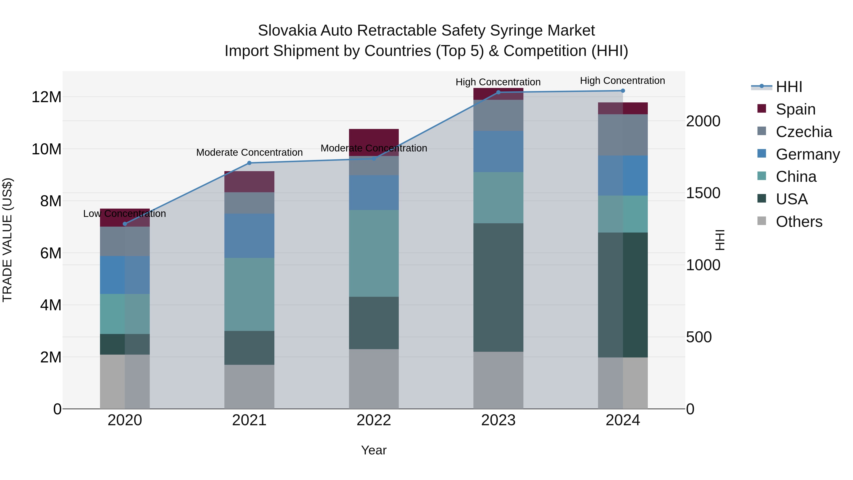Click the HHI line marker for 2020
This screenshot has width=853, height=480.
[x=125, y=224]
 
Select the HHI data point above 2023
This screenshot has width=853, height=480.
[x=498, y=92]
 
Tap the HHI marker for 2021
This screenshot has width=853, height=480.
[x=249, y=163]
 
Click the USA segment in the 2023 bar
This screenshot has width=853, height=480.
[x=498, y=287]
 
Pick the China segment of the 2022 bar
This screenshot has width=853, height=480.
[x=374, y=253]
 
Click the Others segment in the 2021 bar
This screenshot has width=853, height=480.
[x=249, y=387]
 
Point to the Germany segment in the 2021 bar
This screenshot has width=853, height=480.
[x=249, y=236]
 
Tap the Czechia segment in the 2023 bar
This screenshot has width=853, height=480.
[x=498, y=115]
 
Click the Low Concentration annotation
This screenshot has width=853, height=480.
[x=124, y=214]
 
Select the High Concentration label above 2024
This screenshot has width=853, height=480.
[x=622, y=81]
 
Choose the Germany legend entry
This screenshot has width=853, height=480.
[x=807, y=154]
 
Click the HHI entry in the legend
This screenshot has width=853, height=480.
[x=789, y=87]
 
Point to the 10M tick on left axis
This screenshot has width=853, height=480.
[x=46, y=149]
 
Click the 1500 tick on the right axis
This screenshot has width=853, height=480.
[x=703, y=193]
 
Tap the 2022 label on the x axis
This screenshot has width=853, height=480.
[x=374, y=420]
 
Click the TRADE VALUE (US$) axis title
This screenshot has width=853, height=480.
[x=7, y=240]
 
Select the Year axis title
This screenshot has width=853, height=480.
[x=374, y=450]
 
